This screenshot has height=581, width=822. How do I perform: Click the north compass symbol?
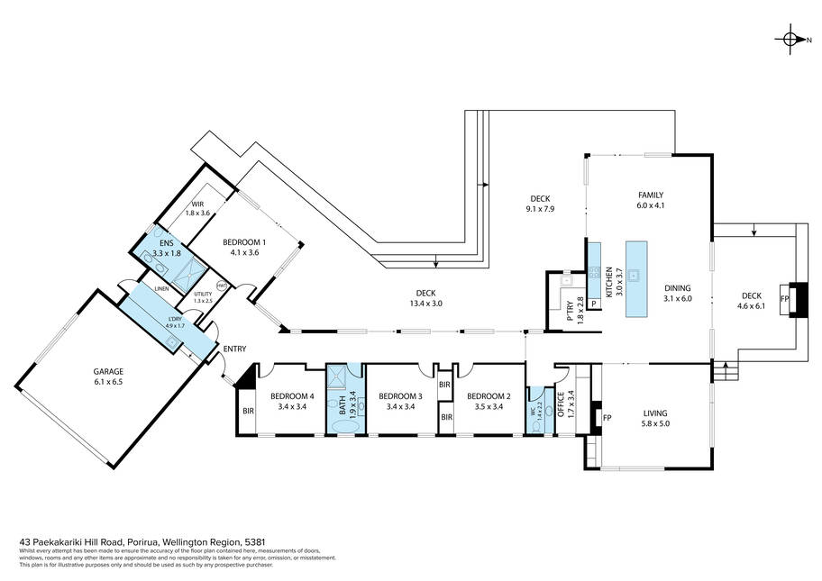coord(790,39)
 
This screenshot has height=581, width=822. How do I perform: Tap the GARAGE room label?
coord(107,377)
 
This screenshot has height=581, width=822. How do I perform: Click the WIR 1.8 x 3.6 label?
coord(197,208)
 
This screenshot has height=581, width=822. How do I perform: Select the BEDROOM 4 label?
coord(292,401)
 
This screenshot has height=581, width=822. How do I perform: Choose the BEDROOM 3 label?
coord(400,401)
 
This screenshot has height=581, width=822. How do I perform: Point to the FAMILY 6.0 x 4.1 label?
coord(650,200)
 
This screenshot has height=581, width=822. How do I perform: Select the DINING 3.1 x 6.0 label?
coord(677,294)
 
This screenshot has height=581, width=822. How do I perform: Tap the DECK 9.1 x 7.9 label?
coord(540,204)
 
